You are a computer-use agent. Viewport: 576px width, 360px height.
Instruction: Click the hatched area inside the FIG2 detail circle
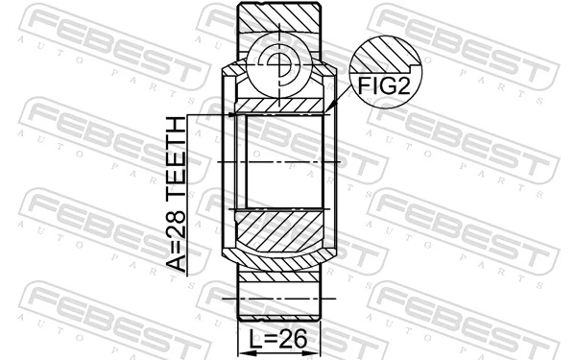click(x=384, y=53)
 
